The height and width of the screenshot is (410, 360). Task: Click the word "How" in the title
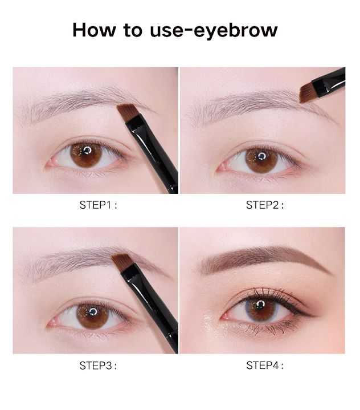94,30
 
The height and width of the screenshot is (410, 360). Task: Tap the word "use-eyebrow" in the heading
214,31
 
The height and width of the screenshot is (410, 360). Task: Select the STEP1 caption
98,205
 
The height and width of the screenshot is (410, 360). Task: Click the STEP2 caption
265,205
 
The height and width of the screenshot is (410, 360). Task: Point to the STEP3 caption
98,366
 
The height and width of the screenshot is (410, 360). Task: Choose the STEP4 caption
265,366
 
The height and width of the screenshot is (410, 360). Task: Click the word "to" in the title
133,30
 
